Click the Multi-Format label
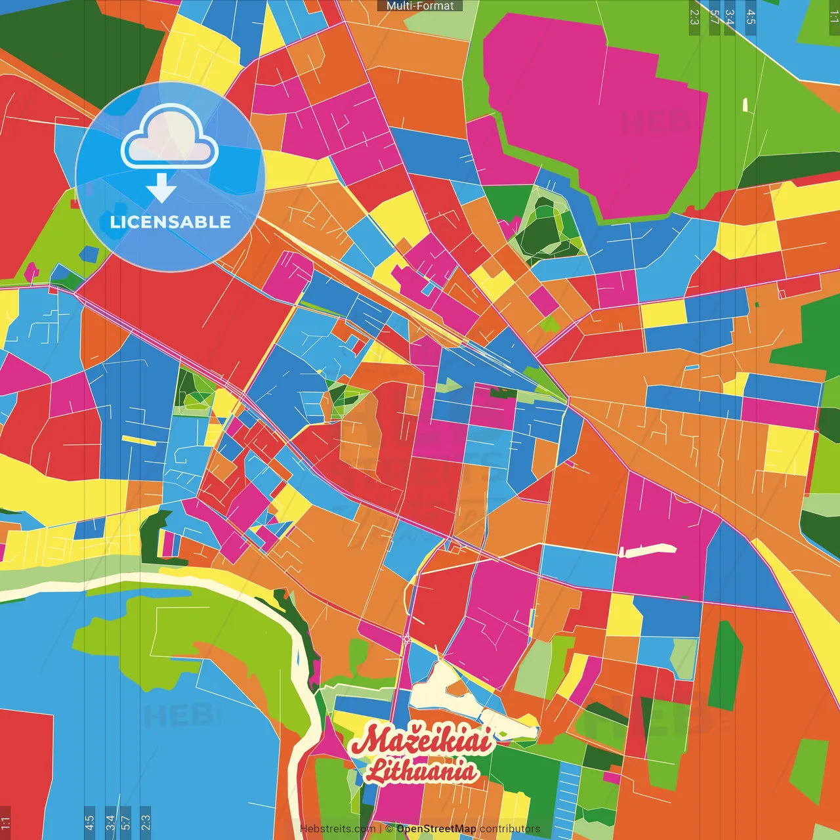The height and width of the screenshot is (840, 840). (420, 6)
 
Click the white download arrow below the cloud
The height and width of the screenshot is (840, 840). (161, 188)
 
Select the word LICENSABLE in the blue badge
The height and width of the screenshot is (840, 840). (171, 222)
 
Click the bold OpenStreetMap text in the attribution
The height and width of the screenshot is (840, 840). (436, 829)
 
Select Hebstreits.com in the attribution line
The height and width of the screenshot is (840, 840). (338, 829)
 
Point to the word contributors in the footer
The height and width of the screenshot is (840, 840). (510, 829)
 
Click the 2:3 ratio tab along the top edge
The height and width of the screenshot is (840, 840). (694, 16)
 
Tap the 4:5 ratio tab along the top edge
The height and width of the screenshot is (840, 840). (751, 16)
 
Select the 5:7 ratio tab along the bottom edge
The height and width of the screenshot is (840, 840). (126, 822)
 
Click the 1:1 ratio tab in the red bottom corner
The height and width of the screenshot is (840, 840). (6, 822)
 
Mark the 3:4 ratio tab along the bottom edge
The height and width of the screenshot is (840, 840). (110, 822)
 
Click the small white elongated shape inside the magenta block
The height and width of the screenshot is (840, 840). (646, 550)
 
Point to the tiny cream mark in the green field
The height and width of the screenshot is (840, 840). (745, 105)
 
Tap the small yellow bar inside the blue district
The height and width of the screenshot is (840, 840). (139, 440)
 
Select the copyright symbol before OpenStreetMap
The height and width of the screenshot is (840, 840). (389, 829)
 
